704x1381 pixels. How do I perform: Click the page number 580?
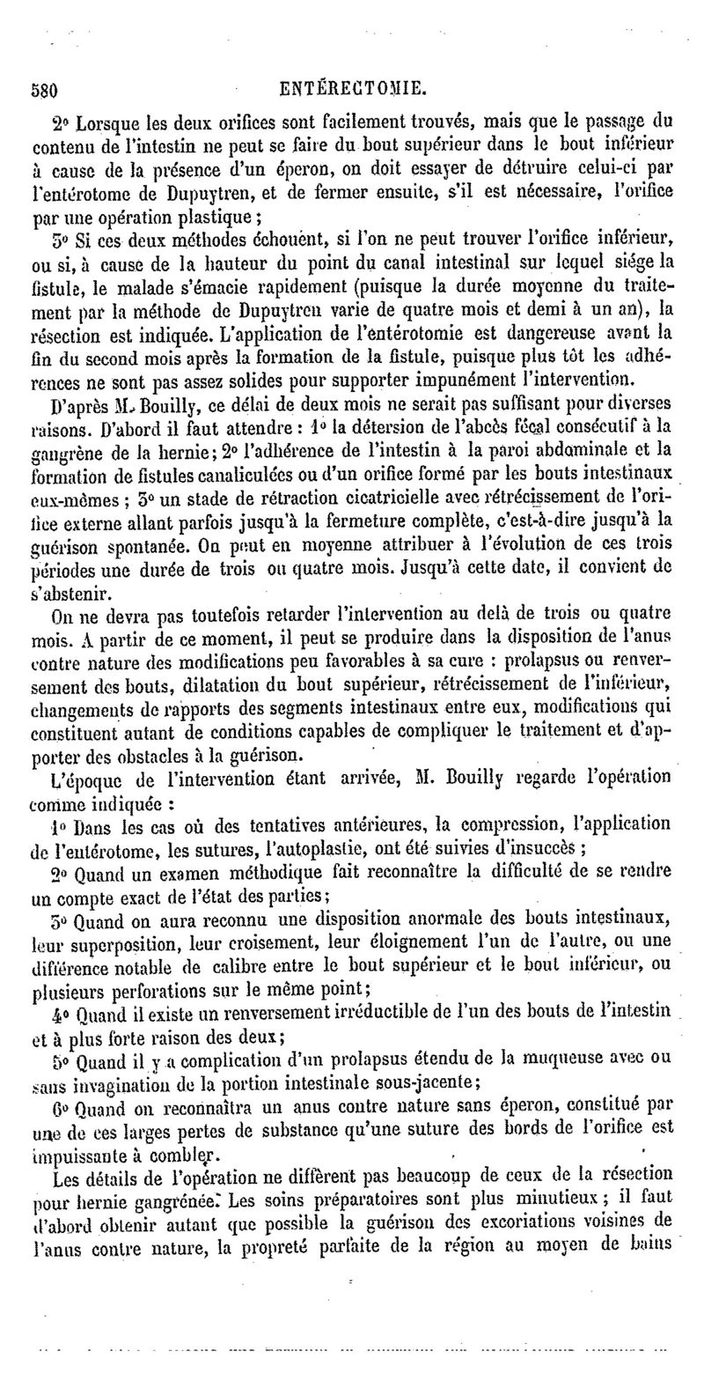point(43,89)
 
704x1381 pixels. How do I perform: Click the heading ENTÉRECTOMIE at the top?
point(352,88)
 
